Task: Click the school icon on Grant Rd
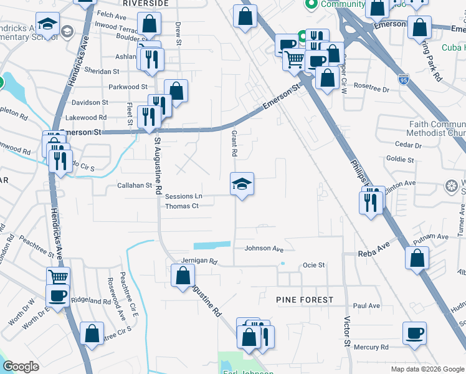point(242,184)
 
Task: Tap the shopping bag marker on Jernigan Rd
point(183,275)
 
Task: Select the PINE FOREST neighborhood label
point(305,300)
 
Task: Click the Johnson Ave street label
point(264,248)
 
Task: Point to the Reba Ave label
point(373,253)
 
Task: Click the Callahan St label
point(135,185)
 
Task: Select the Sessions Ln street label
point(184,197)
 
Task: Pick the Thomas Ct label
point(182,206)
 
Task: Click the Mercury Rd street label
point(371,347)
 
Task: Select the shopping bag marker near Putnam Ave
point(417,257)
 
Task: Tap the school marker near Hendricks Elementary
point(47,24)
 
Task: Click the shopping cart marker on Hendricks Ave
point(58,277)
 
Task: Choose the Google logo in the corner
point(21,367)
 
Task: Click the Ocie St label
point(314,265)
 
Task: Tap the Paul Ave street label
point(366,306)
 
